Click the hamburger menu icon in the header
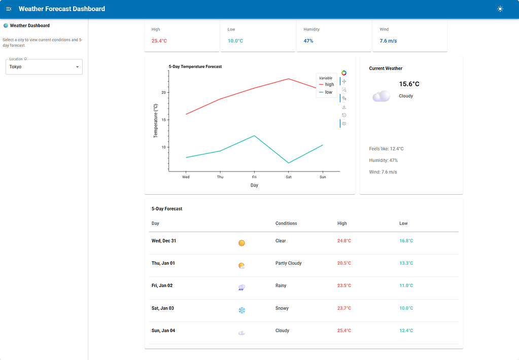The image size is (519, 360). click(9, 9)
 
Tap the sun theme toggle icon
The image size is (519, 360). click(500, 9)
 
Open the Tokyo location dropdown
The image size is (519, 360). click(44, 67)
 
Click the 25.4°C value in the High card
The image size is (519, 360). click(159, 41)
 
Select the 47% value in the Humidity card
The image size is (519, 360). click(308, 41)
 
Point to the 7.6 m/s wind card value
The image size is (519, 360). click(388, 41)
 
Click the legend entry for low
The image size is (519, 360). click(326, 92)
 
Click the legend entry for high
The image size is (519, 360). click(327, 84)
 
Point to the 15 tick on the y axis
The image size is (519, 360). click(163, 120)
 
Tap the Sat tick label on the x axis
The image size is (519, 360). click(289, 177)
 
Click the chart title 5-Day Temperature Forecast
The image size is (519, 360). click(195, 66)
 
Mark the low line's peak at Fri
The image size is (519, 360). click(254, 136)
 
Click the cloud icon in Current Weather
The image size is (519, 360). click(382, 96)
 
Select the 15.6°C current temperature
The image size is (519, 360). click(409, 84)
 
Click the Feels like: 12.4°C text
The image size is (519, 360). click(386, 149)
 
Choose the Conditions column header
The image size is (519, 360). click(286, 223)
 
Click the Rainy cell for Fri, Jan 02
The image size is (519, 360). click(281, 285)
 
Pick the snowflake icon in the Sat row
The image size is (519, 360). click(242, 310)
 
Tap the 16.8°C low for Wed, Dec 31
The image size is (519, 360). click(406, 241)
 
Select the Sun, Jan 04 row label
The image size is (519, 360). click(163, 331)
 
